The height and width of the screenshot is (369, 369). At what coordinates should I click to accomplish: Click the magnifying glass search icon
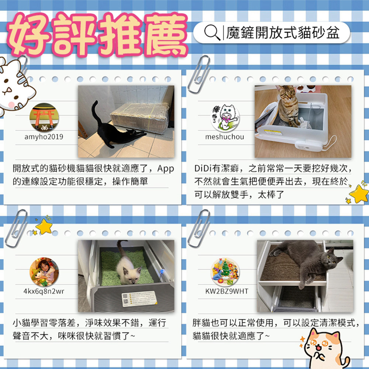(212, 32)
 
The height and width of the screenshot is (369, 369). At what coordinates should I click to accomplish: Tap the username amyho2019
(44, 137)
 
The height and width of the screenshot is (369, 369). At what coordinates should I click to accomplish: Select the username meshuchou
(224, 137)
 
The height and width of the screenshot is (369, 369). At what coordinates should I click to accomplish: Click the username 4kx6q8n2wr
(44, 291)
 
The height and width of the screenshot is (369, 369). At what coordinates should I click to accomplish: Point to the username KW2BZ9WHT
(227, 291)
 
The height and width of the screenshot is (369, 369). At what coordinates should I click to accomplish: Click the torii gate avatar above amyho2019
(44, 117)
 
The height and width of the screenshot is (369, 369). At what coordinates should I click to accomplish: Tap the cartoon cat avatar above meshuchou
(225, 117)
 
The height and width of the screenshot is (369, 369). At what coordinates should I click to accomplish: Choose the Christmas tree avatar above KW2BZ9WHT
(225, 271)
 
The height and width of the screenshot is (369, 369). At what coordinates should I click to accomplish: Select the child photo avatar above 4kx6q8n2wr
(44, 271)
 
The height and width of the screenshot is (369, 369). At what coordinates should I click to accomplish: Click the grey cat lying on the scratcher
(306, 261)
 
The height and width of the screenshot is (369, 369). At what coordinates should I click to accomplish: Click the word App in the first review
(166, 169)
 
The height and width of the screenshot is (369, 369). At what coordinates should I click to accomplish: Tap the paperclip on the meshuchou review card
(199, 74)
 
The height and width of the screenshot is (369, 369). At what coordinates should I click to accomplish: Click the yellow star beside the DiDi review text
(359, 193)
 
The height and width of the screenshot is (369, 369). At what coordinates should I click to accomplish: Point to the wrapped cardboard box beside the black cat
(139, 117)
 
